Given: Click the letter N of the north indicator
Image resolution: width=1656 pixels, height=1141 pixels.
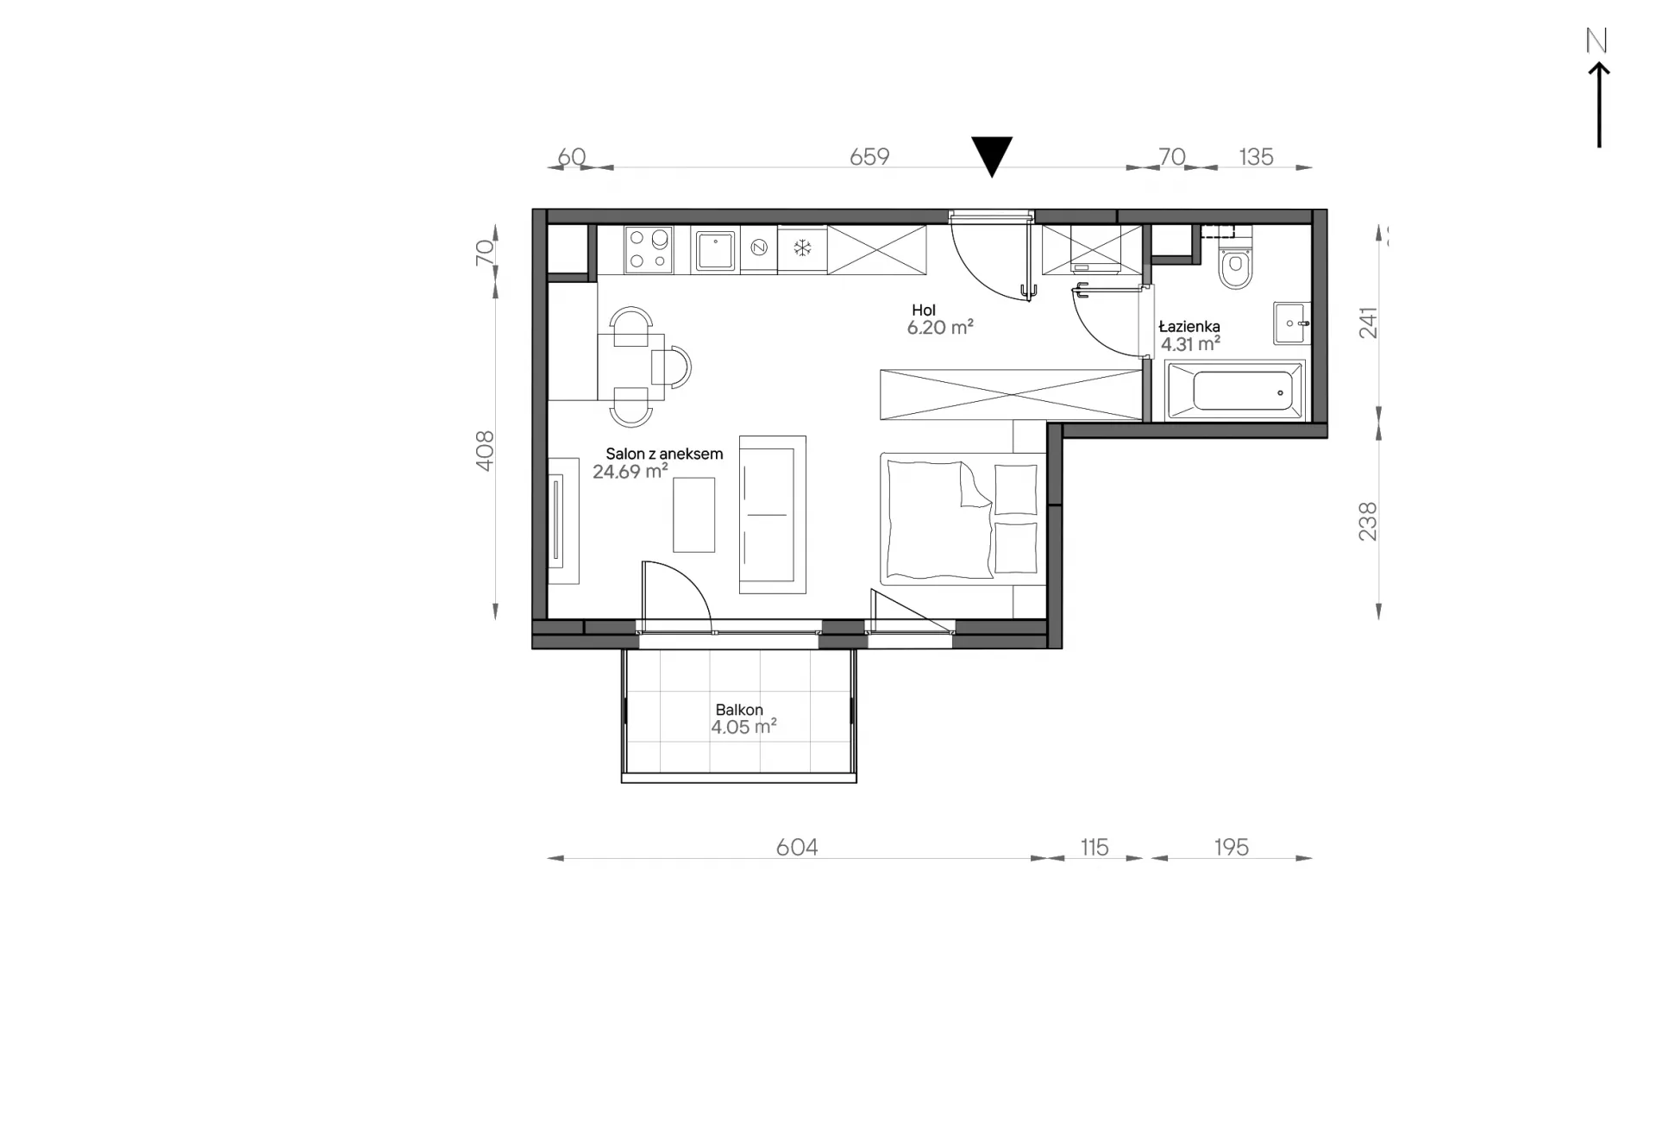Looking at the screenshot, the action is point(1596,41).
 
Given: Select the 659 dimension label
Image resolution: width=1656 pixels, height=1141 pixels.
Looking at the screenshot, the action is point(869,156).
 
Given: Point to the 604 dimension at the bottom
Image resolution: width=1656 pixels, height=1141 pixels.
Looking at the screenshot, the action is point(797,847).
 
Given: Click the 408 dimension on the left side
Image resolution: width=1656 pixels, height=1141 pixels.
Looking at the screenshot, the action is point(485,451).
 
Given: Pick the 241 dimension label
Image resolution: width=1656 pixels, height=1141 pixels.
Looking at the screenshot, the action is point(1369,323).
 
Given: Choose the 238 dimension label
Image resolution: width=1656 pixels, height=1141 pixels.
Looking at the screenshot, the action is point(1369,522).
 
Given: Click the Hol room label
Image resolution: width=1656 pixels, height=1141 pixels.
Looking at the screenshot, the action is point(924,310).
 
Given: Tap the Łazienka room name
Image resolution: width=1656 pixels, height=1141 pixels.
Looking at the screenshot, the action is point(1189,326).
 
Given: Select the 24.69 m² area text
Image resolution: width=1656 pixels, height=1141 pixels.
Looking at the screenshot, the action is point(630,471).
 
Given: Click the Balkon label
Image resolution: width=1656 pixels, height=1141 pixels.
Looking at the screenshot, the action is point(739,710).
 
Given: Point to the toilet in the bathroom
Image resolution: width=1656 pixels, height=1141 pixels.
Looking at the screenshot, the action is point(1235,264).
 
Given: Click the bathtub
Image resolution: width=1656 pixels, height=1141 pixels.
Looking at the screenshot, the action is point(1234,391).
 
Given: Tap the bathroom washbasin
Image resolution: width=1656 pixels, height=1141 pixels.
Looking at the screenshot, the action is point(1292,323).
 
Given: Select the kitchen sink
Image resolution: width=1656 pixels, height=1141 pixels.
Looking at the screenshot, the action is point(715,250).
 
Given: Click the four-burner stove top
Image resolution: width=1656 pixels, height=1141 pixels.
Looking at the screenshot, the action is point(649,250).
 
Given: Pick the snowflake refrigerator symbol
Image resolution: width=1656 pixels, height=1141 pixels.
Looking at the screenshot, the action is point(803,249).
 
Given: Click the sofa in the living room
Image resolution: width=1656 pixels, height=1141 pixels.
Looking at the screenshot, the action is point(773,514).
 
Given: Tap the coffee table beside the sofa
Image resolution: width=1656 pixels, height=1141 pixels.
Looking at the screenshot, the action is point(694,515).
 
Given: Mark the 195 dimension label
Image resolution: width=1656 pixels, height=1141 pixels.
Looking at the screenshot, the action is point(1232,847).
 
